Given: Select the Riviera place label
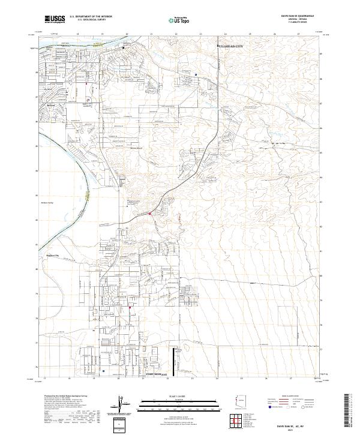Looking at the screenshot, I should click(x=51, y=104).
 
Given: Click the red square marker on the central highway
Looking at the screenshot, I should click(x=150, y=214).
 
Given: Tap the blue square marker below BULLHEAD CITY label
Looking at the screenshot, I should click(x=196, y=75).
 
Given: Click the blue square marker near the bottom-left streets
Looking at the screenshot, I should click(x=104, y=371).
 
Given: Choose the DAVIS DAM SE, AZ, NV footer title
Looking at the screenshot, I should click(x=296, y=425).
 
